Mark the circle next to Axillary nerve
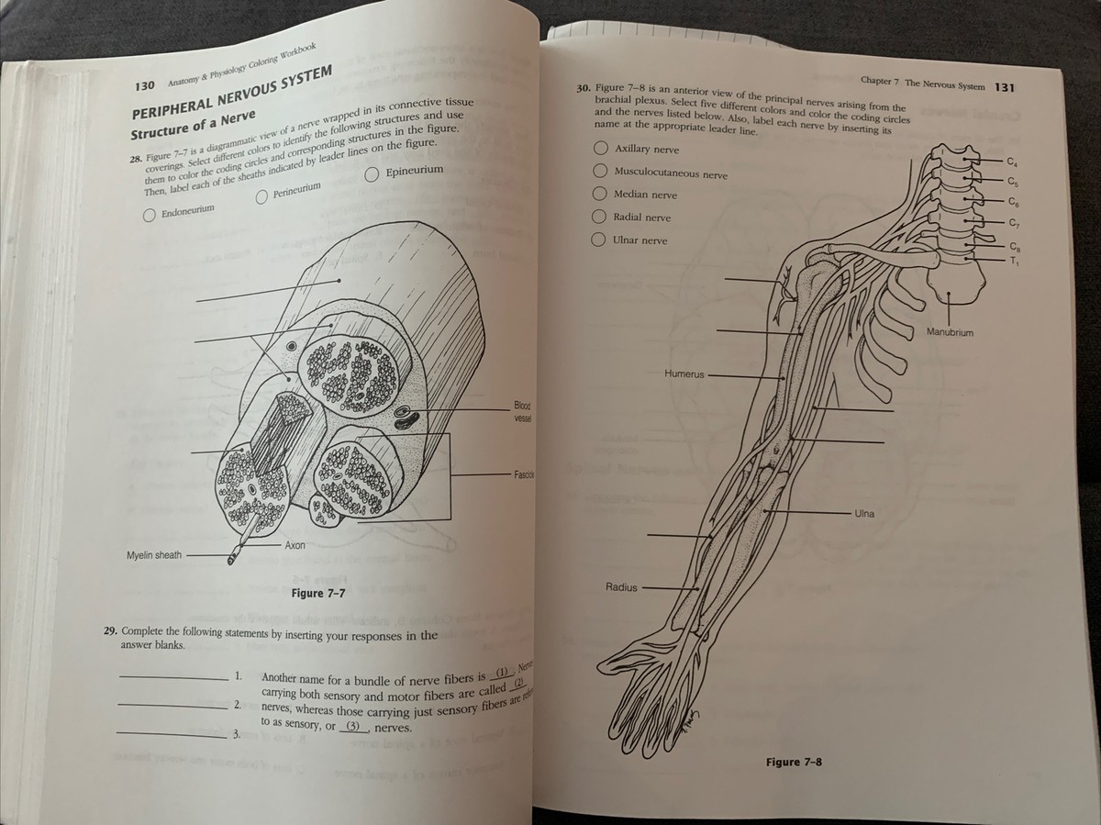coord(600,148)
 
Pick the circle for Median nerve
coord(599,194)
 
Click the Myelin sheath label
coord(154,555)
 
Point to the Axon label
coord(295,545)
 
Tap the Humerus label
coord(683,374)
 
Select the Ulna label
coord(863,513)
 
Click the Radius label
coord(621,586)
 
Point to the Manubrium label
coord(950,331)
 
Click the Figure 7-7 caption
coord(317,593)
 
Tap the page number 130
coord(143,85)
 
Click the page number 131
coord(1005,86)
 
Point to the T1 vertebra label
coord(1014,260)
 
